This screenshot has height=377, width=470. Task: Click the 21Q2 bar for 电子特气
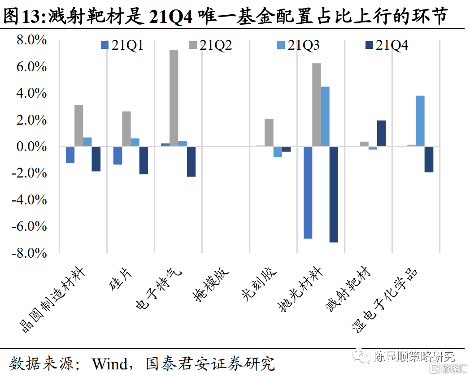tap(174, 98)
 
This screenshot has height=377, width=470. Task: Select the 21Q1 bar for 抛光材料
tap(308, 192)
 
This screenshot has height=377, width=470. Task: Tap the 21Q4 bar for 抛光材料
tap(334, 194)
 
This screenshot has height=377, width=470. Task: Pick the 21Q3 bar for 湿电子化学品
tap(420, 121)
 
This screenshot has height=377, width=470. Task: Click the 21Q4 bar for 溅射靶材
tap(381, 133)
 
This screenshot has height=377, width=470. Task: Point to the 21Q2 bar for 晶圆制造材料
tap(78, 126)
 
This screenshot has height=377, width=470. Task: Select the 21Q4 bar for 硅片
tap(144, 160)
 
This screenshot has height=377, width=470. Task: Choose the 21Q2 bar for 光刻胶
tap(269, 132)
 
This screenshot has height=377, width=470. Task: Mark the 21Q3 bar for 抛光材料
tap(325, 116)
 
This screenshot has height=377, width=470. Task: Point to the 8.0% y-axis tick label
tap(31, 40)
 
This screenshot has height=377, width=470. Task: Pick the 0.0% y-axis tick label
tap(31, 147)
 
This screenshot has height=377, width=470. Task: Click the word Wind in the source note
tap(110, 363)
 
